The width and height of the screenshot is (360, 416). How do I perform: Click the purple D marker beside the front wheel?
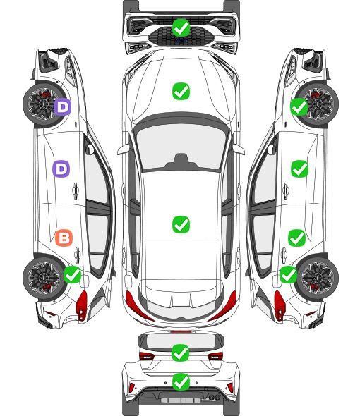[63, 107]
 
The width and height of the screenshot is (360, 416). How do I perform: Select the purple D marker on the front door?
[61, 169]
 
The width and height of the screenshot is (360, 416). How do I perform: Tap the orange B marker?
[64, 238]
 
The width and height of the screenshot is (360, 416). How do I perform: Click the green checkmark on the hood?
[181, 91]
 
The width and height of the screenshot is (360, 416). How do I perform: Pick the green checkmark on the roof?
[181, 224]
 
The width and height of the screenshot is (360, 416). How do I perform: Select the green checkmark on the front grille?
[181, 27]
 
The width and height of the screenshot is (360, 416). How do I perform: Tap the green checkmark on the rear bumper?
[181, 382]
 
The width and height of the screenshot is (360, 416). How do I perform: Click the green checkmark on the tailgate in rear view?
[181, 353]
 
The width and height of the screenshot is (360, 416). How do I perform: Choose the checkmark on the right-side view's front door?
[300, 169]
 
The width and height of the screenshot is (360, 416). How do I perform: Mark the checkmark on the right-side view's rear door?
[297, 238]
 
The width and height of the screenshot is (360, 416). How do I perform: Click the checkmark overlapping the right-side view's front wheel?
[299, 106]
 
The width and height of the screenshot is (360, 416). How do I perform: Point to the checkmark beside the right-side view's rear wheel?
[289, 274]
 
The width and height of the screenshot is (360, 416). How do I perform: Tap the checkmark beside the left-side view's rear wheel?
[73, 274]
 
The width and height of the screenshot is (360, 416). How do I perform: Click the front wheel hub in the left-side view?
[42, 104]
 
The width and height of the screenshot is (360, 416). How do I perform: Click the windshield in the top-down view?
[181, 147]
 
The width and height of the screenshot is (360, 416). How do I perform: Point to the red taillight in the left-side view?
[82, 305]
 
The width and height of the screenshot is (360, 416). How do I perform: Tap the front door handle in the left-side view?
[76, 190]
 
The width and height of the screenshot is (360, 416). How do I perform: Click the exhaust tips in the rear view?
[215, 397]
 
